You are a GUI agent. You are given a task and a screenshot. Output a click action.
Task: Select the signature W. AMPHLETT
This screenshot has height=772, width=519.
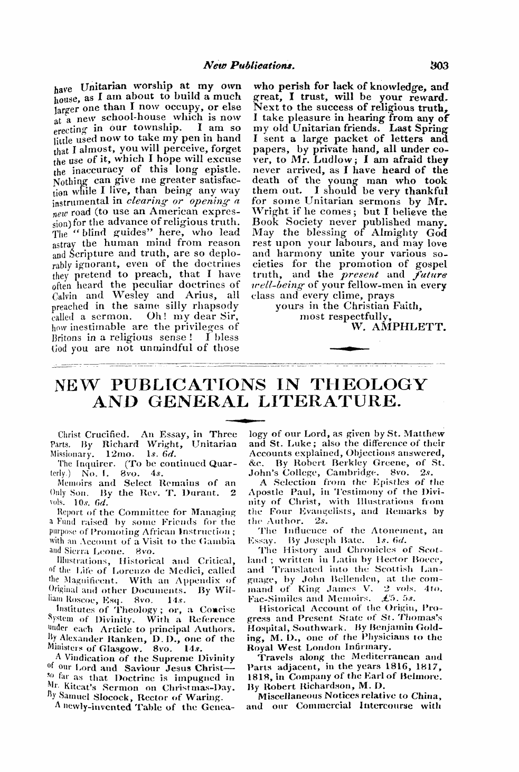(x=399, y=328)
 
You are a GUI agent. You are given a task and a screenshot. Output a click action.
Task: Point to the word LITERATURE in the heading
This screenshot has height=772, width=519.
(x=341, y=403)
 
